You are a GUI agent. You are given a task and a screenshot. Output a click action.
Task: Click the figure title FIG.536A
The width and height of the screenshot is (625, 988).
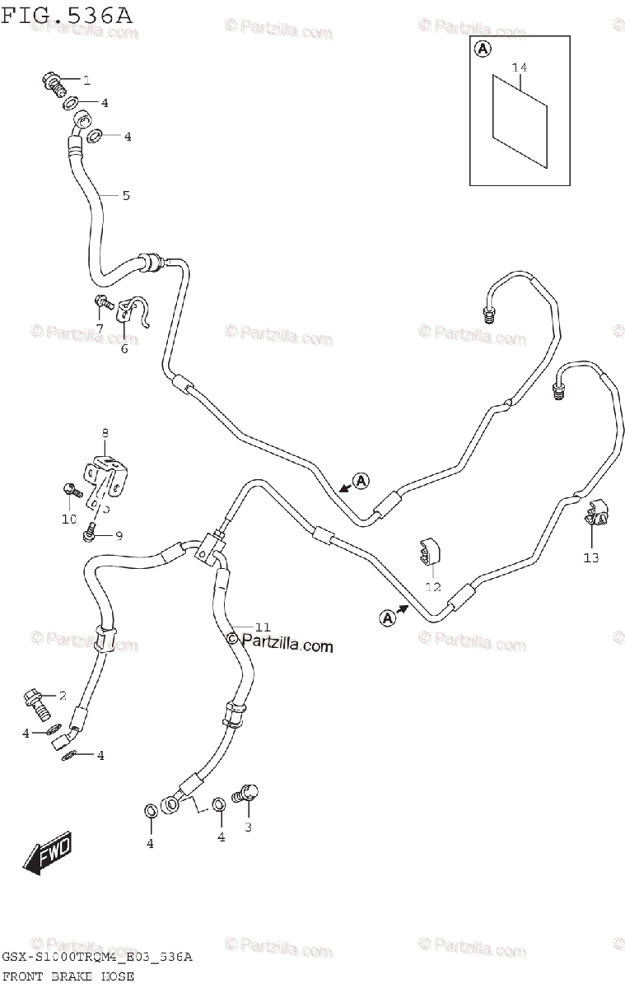[x=68, y=15]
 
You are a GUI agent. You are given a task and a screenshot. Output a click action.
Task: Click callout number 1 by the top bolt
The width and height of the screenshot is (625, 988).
[x=86, y=80]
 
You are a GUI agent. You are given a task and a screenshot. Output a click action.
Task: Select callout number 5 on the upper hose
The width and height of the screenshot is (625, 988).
[x=126, y=196]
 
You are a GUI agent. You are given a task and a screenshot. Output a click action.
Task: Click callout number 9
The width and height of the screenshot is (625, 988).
[x=119, y=536]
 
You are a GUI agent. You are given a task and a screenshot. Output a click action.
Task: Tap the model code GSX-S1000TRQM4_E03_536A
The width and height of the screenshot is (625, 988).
[x=97, y=958]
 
